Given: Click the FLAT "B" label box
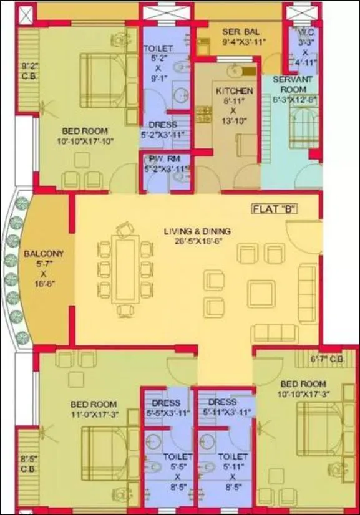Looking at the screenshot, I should click(x=275, y=209).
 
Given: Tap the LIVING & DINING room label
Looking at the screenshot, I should click(x=193, y=231).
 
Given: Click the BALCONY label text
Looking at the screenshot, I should click(x=42, y=254).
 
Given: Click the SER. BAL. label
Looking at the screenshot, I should click(x=240, y=31).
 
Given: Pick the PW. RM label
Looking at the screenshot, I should click(x=164, y=159).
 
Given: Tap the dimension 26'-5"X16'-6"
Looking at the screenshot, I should click(x=193, y=241).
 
